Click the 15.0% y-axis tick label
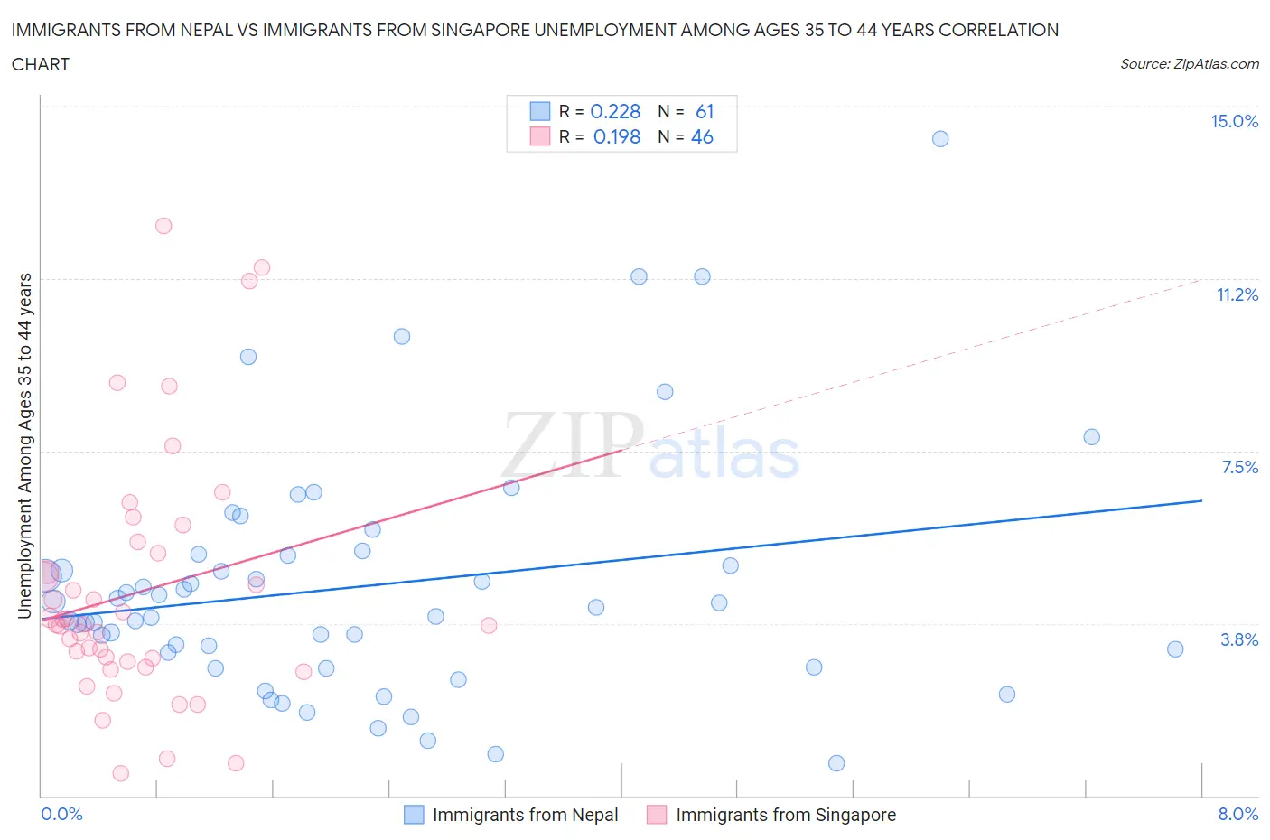pos(1234,122)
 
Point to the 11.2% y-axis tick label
pos(1237,295)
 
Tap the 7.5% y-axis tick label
pos(1239,468)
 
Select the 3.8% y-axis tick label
pos(1239,640)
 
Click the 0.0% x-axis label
pos(61,815)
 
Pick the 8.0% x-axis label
pos(1237,815)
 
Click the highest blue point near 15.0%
pos(940,139)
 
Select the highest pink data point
pos(163,226)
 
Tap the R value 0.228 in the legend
pos(615,111)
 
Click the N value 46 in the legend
pos(702,136)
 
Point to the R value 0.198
pos(617,136)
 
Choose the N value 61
pos(705,111)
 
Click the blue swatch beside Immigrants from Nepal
pos(414,815)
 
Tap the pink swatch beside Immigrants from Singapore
pos(657,815)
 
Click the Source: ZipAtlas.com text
pos(1189,64)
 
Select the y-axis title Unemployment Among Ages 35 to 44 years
pos(25,446)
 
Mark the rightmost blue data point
pos(1175,649)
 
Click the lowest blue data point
pos(836,763)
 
